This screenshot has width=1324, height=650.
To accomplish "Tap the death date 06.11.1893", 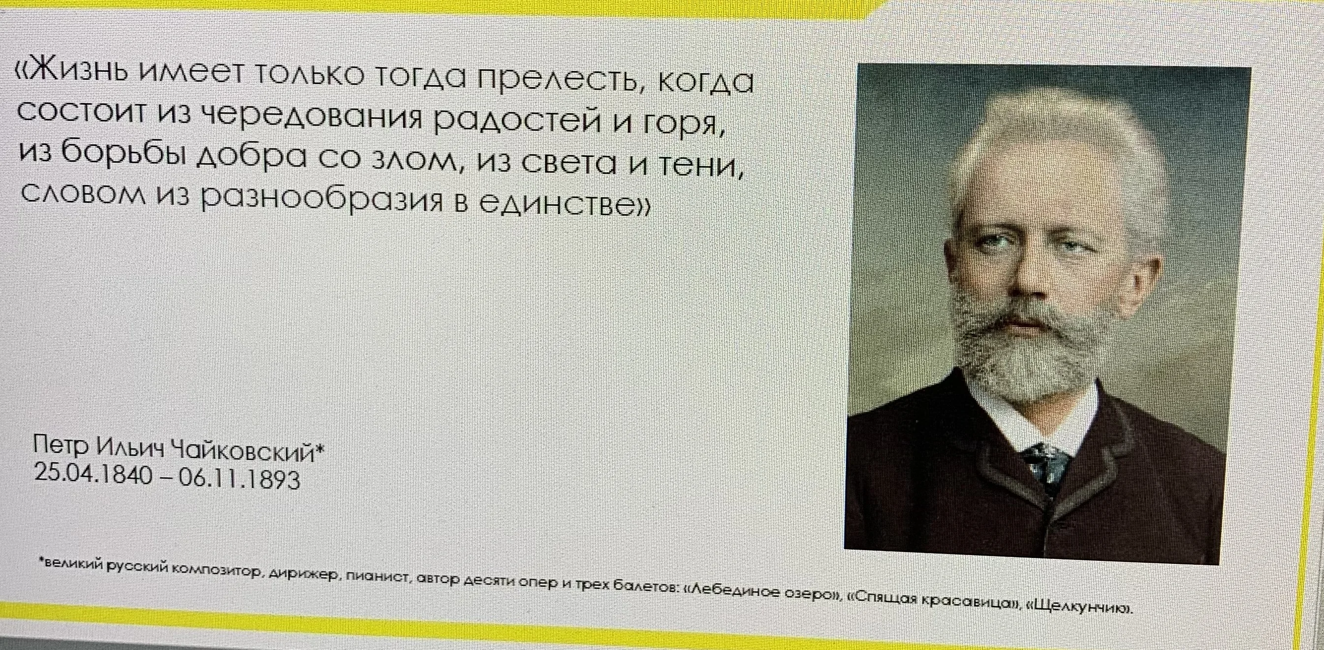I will coord(237,481).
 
